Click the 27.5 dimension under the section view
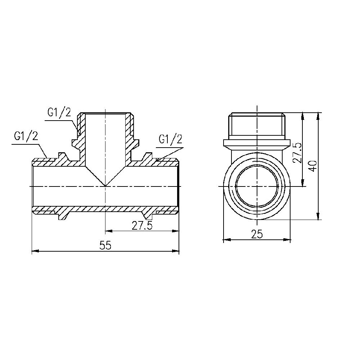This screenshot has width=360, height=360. click(142, 226)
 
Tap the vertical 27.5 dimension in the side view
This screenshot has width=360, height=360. click(297, 153)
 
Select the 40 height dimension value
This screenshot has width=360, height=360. click(313, 166)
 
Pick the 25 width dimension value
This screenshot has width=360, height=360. click(257, 234)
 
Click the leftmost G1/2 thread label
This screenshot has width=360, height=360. click(26, 136)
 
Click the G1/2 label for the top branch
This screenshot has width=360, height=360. click(59, 112)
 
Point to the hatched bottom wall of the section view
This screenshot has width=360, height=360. click(104, 209)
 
